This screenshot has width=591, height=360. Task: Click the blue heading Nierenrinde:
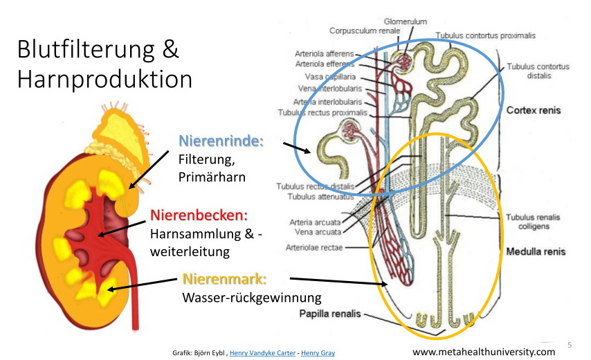221,141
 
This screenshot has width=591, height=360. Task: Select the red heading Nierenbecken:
199,215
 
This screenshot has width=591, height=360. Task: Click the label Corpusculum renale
364,31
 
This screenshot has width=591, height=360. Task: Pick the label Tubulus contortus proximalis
485,35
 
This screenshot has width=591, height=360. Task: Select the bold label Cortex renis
534,110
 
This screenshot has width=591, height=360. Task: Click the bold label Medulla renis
536,251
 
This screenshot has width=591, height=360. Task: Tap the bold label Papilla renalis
330,314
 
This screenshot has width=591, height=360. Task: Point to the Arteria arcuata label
316,222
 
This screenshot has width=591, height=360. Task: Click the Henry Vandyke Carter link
262,353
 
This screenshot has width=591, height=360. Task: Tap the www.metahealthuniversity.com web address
484,352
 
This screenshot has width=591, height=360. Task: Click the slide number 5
570,344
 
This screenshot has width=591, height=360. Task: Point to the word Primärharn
212,177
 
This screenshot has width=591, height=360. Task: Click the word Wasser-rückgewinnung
252,298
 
